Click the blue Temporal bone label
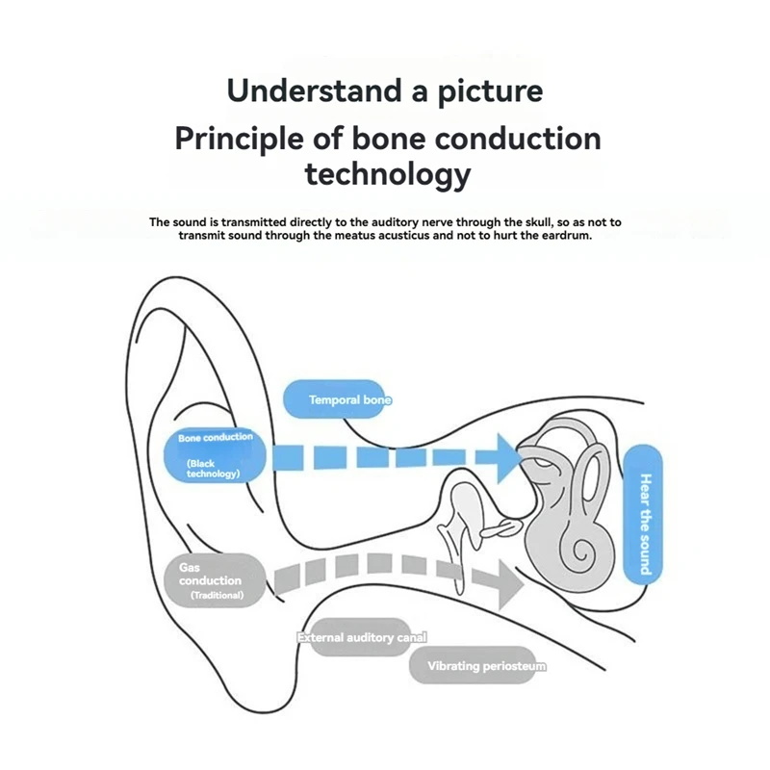pyautogui.click(x=338, y=399)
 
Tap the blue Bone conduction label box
pyautogui.click(x=216, y=452)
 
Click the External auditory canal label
pyautogui.click(x=361, y=637)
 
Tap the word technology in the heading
pyautogui.click(x=387, y=174)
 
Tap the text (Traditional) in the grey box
pyautogui.click(x=217, y=596)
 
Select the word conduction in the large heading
pyautogui.click(x=518, y=139)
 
